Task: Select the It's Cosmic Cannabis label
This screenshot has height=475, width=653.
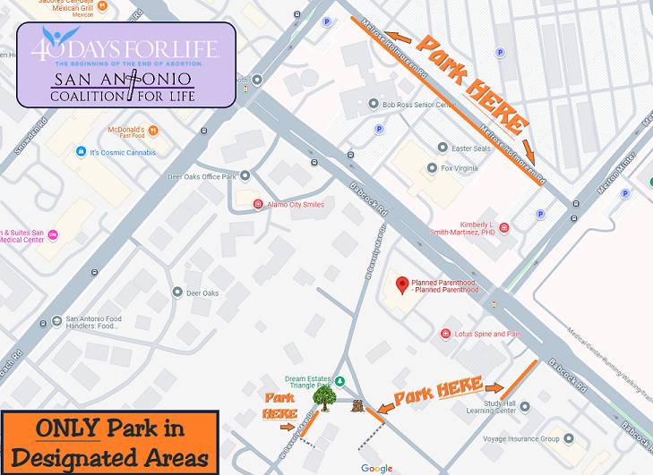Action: click(122, 152)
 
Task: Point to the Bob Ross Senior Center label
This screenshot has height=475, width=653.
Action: click(419, 105)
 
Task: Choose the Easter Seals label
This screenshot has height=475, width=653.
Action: click(471, 148)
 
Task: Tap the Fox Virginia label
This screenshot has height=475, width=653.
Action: click(463, 167)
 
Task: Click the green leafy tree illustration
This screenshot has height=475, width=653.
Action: click(324, 396)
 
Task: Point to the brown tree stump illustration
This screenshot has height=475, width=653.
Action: click(358, 407)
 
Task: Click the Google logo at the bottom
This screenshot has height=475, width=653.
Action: click(377, 469)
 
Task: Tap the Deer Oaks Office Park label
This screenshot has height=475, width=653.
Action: click(202, 176)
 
